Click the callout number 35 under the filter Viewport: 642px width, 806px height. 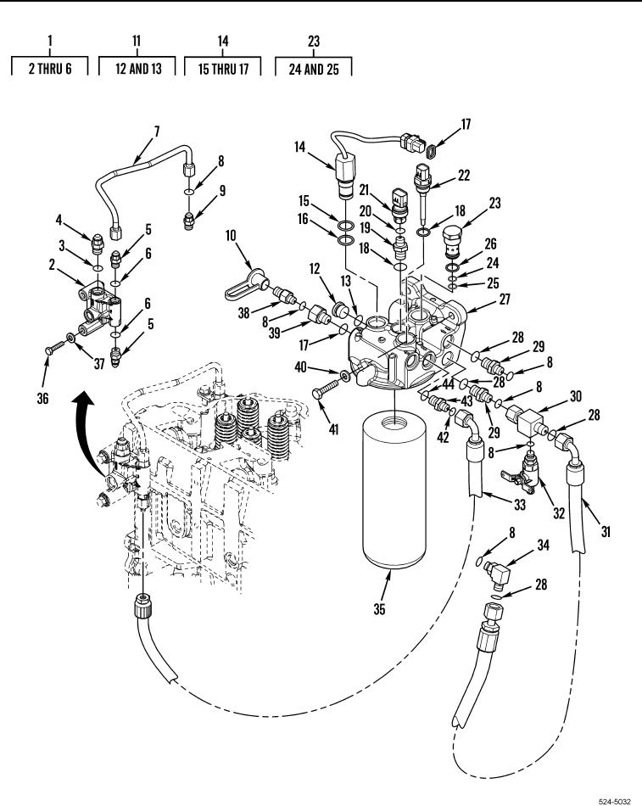379,609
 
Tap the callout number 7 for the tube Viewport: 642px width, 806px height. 157,132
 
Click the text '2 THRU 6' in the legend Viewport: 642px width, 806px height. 50,69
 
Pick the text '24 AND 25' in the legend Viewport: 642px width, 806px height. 314,69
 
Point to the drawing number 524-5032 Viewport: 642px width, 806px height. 614,801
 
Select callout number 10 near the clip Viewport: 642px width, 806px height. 231,236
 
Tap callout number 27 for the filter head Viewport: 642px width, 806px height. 505,299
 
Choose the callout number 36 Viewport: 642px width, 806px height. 42,399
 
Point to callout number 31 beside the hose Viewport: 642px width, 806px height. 606,531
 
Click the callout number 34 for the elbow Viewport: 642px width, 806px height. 544,545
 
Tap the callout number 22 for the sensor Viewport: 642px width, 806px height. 464,176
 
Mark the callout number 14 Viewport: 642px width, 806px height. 299,147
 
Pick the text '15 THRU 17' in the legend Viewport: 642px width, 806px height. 223,69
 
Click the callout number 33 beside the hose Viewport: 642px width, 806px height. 520,505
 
